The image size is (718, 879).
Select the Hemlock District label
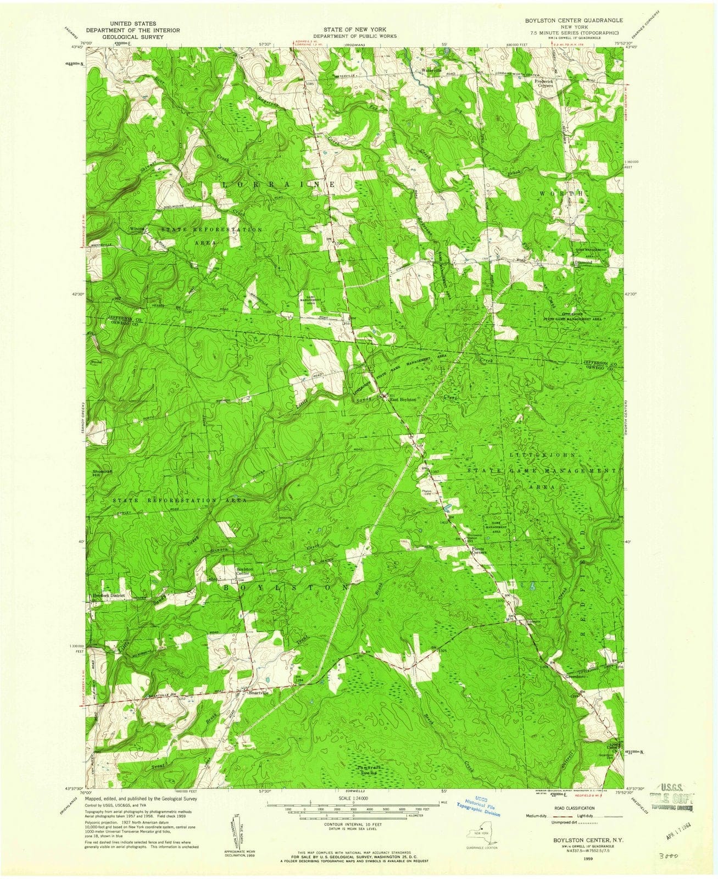click(109, 596)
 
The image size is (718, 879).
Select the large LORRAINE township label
click(279, 185)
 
